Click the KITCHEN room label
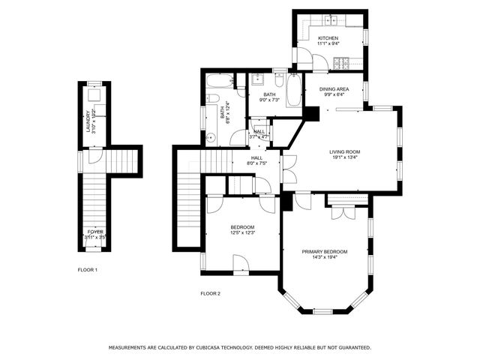click(x=328, y=38)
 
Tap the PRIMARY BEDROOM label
click(x=325, y=251)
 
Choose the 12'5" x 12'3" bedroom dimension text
click(x=242, y=233)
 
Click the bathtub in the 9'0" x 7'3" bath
click(x=294, y=91)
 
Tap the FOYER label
click(x=95, y=232)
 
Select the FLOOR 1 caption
click(x=88, y=269)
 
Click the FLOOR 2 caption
click(x=210, y=293)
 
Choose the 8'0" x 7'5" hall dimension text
click(x=256, y=163)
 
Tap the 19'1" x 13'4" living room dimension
click(x=345, y=158)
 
